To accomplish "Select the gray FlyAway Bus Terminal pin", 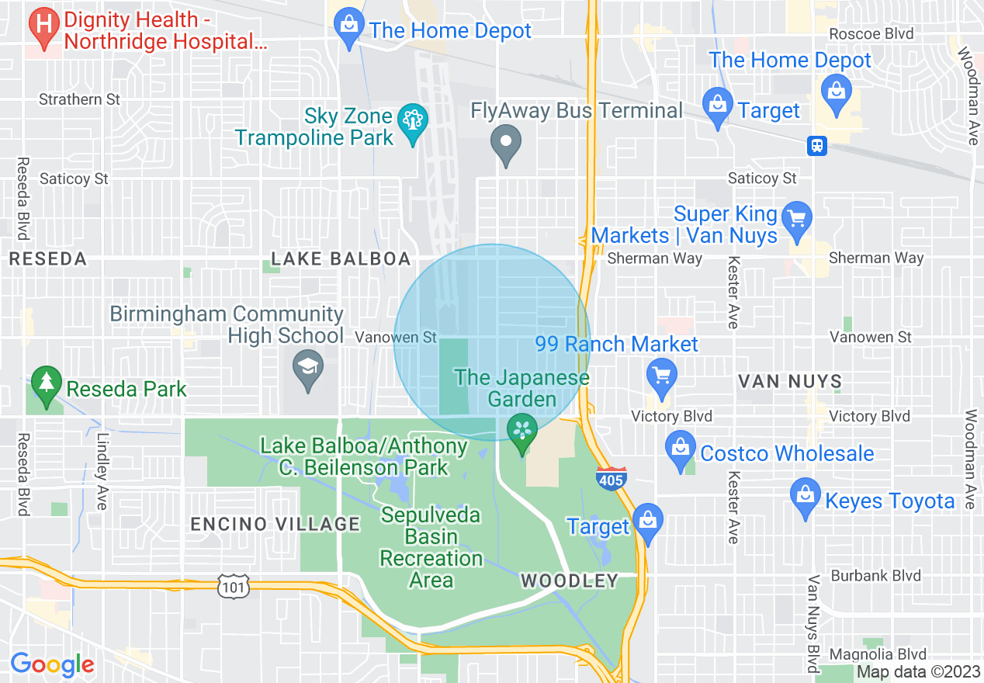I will (x=507, y=144).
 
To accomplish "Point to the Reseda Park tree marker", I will (x=47, y=384).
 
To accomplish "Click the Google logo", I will (x=52, y=664).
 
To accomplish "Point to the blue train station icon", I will (x=816, y=146).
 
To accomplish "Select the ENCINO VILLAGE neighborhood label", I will (x=275, y=524).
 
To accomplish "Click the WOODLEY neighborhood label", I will (x=569, y=581).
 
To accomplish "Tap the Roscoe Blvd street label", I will (x=871, y=33).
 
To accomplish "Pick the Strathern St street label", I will (x=81, y=99).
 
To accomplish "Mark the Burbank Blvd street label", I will (x=875, y=576).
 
